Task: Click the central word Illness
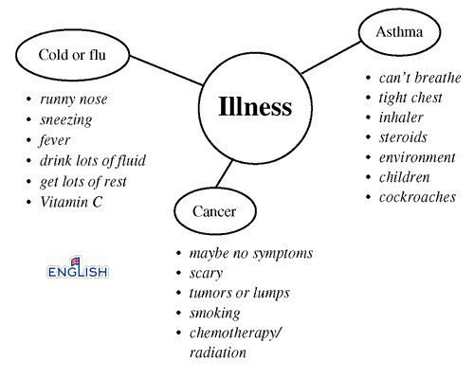tap(255, 106)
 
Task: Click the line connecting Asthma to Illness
tap(331, 58)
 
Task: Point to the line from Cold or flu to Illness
tap(166, 70)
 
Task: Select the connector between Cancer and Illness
tap(225, 173)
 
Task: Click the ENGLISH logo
tap(78, 268)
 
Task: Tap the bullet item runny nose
tap(74, 99)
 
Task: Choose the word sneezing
tap(66, 119)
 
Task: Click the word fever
tap(54, 140)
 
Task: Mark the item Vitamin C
tap(71, 202)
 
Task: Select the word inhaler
tap(401, 117)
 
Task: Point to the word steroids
tap(403, 137)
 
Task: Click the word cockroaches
tap(417, 197)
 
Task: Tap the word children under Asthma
tap(405, 177)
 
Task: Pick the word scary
tap(206, 274)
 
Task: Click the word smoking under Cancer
tap(215, 313)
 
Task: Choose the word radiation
tap(218, 352)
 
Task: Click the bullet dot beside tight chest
tap(368, 98)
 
